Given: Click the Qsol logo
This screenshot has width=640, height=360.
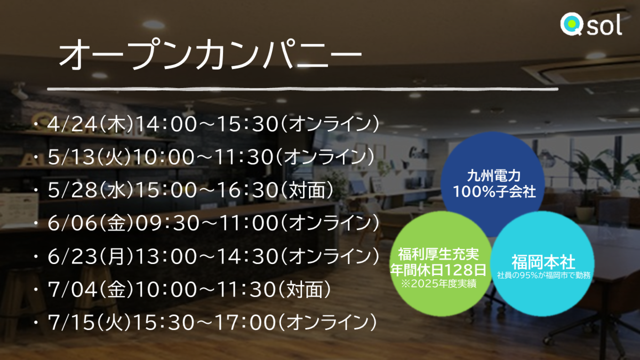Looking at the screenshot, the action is coord(591,24).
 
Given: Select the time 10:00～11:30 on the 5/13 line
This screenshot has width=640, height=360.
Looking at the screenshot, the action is coord(203,157).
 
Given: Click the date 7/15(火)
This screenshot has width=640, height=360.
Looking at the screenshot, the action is coord(89,322).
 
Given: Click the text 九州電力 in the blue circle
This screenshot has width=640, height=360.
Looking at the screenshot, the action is coord(494,176).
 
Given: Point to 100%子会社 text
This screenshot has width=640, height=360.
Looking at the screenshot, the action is coord(494,192).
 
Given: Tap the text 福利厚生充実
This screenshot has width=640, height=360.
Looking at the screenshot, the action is coord(438,254).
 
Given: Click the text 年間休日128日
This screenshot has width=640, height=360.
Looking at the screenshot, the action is coord(438,270).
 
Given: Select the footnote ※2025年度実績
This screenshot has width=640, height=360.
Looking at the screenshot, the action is coord(439,284).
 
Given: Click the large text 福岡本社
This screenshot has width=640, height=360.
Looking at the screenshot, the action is coord(543,262).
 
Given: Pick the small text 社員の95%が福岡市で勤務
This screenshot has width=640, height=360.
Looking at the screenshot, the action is coord(544,275).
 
